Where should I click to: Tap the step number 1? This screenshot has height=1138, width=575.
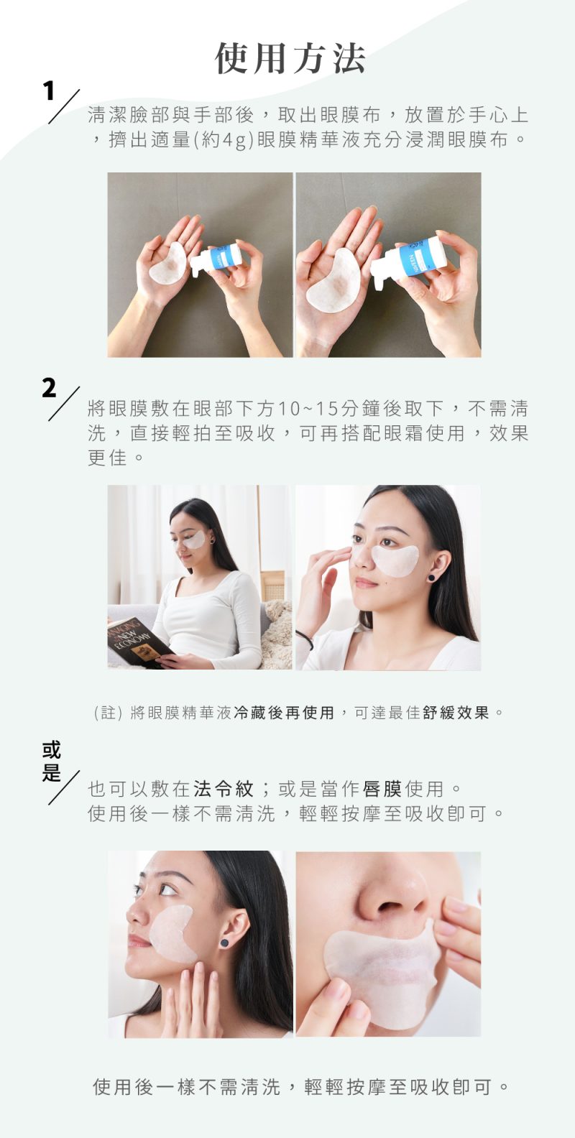point(49,91)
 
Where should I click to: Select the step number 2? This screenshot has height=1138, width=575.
point(49,388)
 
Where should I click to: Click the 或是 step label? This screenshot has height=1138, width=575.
point(51,761)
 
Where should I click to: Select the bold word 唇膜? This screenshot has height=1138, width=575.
point(382,789)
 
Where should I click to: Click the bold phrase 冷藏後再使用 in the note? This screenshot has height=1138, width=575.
point(284,713)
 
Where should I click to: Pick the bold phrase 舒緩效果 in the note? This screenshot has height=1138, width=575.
point(456,713)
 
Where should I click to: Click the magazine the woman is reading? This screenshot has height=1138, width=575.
point(137,642)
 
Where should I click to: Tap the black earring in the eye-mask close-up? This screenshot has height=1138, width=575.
point(432,577)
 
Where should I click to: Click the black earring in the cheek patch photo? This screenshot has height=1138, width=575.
point(224,943)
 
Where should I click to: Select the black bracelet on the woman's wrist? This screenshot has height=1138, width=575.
point(305,639)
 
